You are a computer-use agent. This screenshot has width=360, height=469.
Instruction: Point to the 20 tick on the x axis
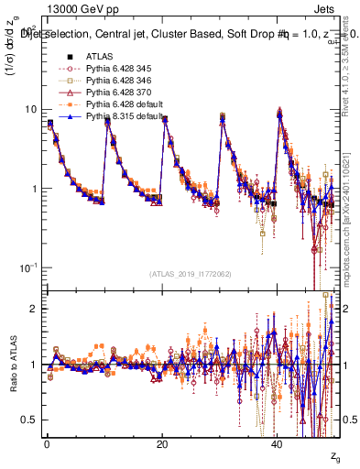[162, 444]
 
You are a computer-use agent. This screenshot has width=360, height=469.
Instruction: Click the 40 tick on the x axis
[278, 444]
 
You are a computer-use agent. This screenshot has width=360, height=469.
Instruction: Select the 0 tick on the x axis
[47, 444]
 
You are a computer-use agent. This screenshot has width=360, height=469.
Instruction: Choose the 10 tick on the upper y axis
[30, 110]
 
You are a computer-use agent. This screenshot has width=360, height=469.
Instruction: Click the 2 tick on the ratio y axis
[33, 309]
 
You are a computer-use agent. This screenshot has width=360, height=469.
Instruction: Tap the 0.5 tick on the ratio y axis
[29, 420]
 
